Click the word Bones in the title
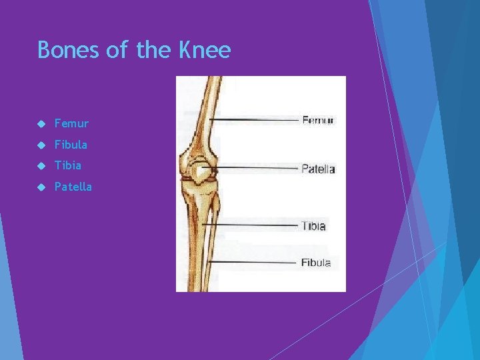68,50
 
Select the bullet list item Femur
71,123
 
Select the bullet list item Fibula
71,145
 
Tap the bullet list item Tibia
67,165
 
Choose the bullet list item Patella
73,187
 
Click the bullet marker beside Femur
41,124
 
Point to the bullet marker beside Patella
41,187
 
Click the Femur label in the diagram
318,121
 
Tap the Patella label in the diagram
318,169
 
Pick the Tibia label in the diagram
313,226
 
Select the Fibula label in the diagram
316,263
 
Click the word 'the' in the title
150,50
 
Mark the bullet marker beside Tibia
41,166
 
